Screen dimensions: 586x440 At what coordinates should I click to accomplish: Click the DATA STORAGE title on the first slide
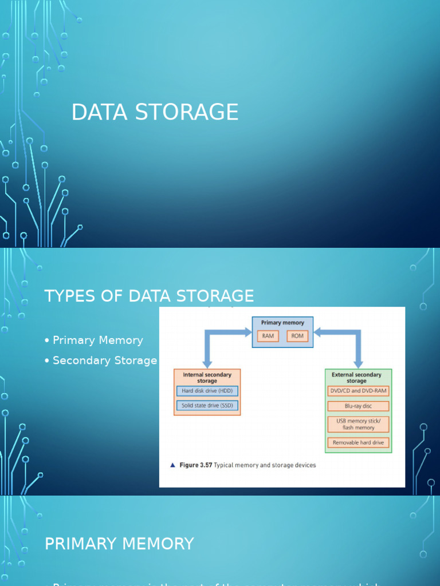pyautogui.click(x=155, y=112)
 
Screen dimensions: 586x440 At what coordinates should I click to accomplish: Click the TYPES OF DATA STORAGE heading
pyautogui.click(x=149, y=296)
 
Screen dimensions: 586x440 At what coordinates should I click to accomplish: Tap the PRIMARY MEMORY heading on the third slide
pyautogui.click(x=119, y=544)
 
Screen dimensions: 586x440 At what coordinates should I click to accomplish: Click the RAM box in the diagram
pyautogui.click(x=268, y=336)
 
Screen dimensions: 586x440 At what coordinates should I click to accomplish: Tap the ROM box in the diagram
pyautogui.click(x=297, y=336)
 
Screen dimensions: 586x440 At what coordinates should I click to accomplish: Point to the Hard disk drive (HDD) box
pyautogui.click(x=207, y=391)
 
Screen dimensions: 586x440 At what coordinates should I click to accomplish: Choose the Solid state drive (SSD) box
pyautogui.click(x=207, y=406)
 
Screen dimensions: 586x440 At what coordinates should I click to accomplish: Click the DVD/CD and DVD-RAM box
pyautogui.click(x=358, y=391)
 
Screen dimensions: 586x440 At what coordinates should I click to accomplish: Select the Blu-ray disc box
pyautogui.click(x=358, y=406)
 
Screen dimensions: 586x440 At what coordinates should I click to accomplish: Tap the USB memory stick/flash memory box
pyautogui.click(x=358, y=424)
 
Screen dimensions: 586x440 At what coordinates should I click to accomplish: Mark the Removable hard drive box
pyautogui.click(x=358, y=442)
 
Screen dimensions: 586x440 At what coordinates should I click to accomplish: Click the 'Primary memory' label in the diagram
pyautogui.click(x=282, y=323)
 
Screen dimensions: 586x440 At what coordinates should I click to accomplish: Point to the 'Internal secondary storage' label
pyautogui.click(x=207, y=378)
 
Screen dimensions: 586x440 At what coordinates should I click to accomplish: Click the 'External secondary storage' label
pyautogui.click(x=356, y=378)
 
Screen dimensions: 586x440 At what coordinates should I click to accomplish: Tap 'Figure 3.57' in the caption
pyautogui.click(x=195, y=465)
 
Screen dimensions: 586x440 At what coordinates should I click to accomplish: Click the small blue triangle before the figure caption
pyautogui.click(x=172, y=465)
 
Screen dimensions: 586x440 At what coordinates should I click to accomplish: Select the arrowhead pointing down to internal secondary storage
pyautogui.click(x=207, y=363)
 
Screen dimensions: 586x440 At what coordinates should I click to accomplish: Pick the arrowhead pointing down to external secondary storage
pyautogui.click(x=358, y=363)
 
